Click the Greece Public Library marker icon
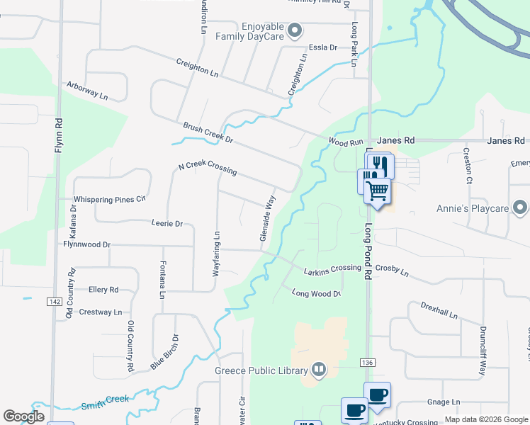319,370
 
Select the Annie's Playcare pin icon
521,208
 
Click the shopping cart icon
377,191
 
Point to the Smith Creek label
105,401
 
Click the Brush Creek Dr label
208,132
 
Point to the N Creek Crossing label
208,169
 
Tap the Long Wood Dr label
317,293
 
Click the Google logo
24,416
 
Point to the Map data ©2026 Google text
485,419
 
